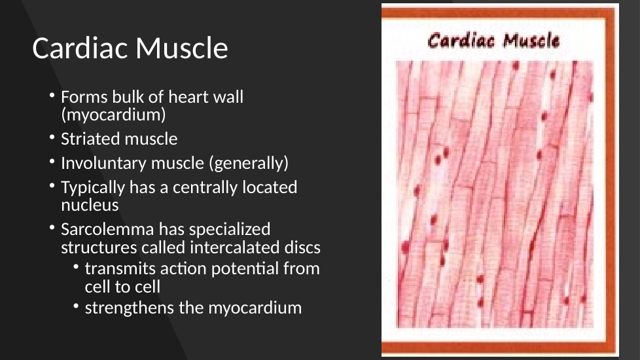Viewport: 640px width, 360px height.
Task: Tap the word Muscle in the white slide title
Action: (182, 48)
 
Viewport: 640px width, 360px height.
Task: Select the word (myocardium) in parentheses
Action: (113, 115)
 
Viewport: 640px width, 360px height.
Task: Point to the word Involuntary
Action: (103, 163)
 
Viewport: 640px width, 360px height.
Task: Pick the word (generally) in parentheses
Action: (249, 163)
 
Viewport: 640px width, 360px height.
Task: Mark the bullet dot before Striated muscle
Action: (52, 137)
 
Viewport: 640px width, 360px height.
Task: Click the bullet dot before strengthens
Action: (76, 306)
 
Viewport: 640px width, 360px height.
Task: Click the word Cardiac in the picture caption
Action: (461, 41)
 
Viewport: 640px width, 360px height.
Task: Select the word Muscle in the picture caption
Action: (531, 41)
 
